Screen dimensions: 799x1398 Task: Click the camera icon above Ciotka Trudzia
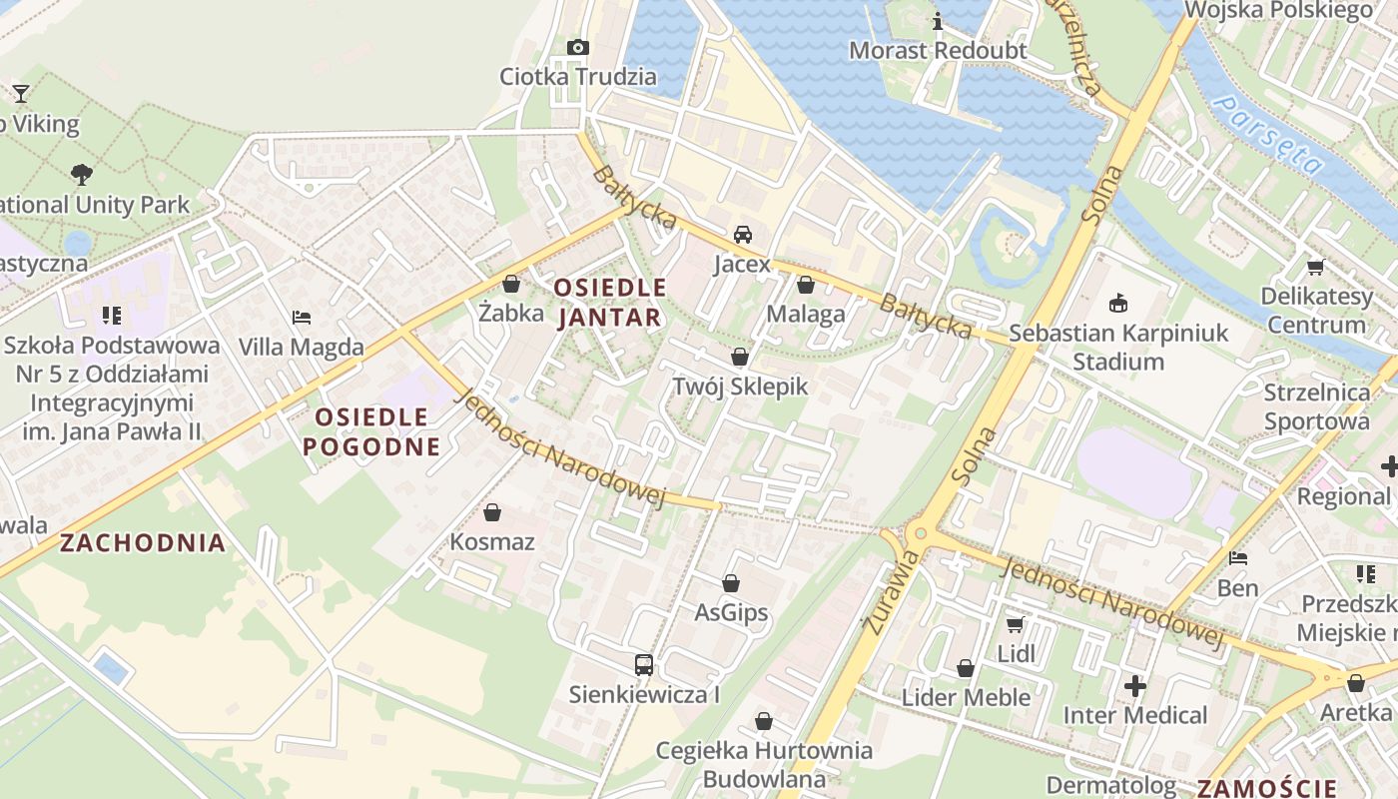[x=577, y=47]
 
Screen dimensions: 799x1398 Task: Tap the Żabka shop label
[x=511, y=314]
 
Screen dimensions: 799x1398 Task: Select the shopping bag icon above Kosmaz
[x=492, y=513]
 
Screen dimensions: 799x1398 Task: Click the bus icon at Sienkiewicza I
[x=644, y=664]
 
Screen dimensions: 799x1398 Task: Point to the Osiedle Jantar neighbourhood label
[x=609, y=303]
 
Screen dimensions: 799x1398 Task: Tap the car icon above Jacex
[x=743, y=235]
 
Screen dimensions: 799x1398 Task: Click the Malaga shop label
[x=806, y=314]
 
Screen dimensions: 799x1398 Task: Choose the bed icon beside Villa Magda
[x=302, y=318]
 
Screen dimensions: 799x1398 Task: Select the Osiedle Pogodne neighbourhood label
[x=371, y=431]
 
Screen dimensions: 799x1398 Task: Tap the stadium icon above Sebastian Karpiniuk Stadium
[x=1118, y=303]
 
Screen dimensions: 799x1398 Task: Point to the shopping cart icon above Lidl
[x=1016, y=624]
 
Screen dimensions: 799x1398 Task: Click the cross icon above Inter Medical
[x=1135, y=686]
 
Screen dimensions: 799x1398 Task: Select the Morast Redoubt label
[x=938, y=50]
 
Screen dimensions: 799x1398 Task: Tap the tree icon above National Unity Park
[x=82, y=175]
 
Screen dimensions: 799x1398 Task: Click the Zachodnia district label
[x=143, y=543]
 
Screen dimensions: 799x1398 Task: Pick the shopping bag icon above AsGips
[x=731, y=583]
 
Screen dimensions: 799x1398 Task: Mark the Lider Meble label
[x=966, y=697]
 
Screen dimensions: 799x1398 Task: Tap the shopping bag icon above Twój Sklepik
[x=740, y=357]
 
